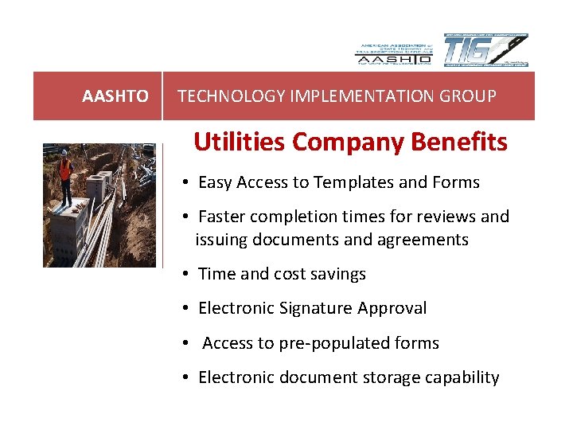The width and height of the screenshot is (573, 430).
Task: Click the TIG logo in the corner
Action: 485,51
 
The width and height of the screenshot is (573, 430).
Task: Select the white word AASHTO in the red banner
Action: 115,96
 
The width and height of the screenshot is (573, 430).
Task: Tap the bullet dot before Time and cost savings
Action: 184,275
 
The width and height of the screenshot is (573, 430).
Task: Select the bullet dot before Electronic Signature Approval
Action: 184,309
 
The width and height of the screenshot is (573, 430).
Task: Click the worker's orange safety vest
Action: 65,169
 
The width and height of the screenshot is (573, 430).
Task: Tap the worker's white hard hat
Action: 64,153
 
